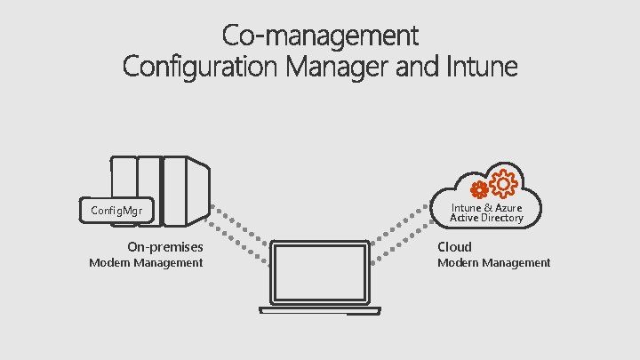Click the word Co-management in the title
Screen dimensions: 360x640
[319, 36]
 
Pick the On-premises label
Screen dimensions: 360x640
[164, 246]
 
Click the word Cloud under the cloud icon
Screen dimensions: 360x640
[454, 246]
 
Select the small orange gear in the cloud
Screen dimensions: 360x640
[480, 189]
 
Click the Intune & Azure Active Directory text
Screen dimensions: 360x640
[486, 212]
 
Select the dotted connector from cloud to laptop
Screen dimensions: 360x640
[400, 231]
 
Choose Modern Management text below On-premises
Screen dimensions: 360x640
[146, 263]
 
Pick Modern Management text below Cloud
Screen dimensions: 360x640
[493, 263]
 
